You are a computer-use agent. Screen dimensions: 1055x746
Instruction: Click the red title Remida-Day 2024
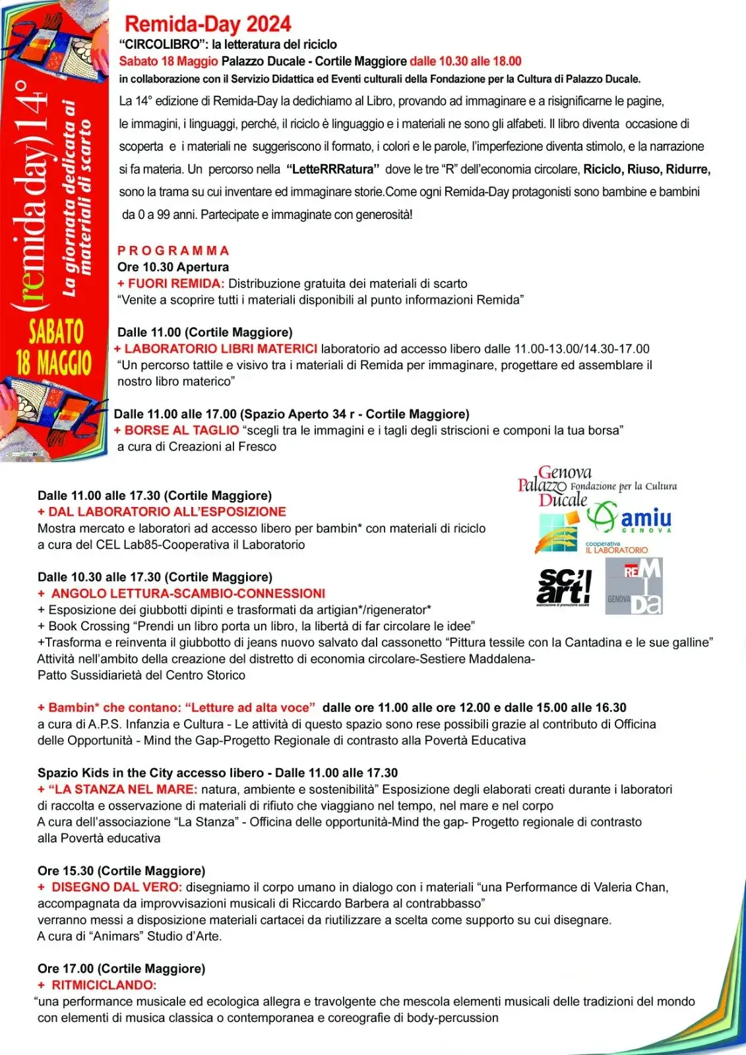click(x=208, y=24)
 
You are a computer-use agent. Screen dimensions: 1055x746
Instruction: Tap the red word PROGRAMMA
click(x=173, y=251)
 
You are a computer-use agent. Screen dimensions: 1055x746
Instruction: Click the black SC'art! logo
click(x=563, y=586)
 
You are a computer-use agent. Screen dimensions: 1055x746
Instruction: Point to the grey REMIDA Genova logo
click(x=634, y=586)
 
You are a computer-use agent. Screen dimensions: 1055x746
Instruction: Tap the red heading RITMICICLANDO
click(x=104, y=985)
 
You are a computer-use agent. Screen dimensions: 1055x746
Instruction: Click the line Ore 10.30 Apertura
click(x=173, y=267)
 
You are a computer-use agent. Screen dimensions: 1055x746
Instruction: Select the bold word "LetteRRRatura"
click(x=333, y=169)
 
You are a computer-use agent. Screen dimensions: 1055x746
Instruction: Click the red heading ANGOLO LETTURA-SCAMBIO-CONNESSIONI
click(x=188, y=593)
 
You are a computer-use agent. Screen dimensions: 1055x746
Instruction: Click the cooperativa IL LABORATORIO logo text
click(x=616, y=548)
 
